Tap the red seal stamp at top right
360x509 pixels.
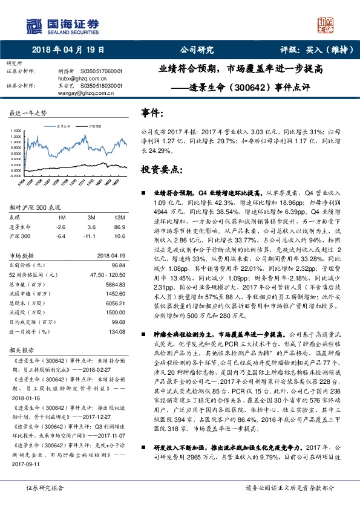[x=326, y=25]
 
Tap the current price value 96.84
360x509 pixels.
[x=119, y=265]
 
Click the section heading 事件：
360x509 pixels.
[x=151, y=112]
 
